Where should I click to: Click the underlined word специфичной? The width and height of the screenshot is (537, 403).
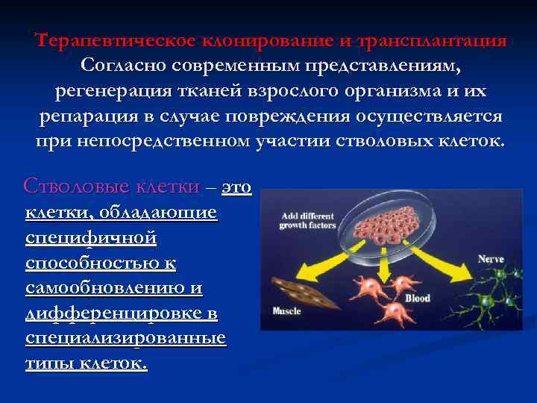91,238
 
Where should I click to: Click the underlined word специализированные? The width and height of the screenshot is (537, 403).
125,338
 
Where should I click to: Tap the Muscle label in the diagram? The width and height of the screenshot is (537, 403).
287,311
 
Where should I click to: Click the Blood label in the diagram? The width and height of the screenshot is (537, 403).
418,299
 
